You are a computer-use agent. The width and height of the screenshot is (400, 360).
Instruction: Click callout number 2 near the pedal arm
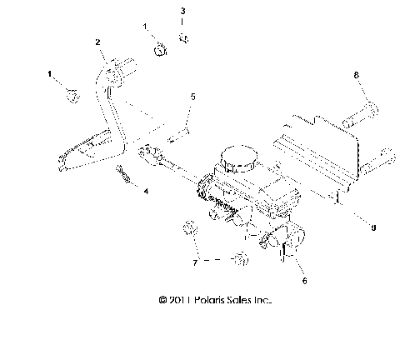click(97, 42)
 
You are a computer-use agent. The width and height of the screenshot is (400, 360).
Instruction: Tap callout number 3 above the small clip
click(183, 11)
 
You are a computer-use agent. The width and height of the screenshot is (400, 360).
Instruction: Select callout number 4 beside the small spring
click(146, 191)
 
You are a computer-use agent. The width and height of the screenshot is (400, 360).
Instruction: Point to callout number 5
click(192, 97)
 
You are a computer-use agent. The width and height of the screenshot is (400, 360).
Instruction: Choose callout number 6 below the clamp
click(304, 282)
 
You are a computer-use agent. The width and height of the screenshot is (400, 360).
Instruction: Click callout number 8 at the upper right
click(357, 76)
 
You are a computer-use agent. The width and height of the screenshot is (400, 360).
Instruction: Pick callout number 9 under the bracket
click(373, 226)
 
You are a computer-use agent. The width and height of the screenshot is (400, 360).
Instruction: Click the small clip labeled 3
click(185, 37)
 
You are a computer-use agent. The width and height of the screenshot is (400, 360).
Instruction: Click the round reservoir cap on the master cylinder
click(236, 157)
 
